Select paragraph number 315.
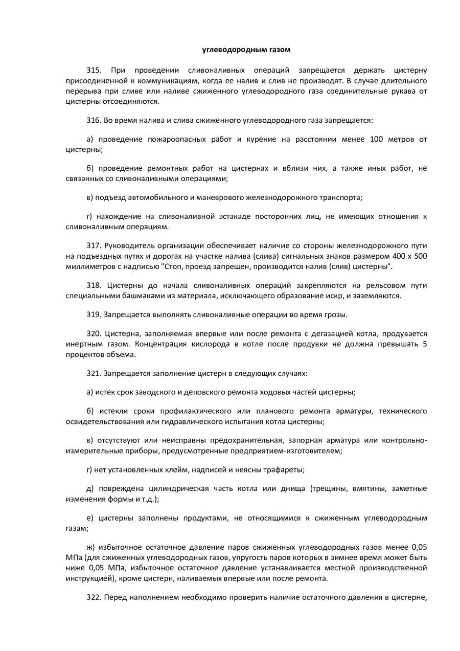pos(95,70)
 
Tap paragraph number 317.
pos(95,245)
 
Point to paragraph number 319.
pos(95,314)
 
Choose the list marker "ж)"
pos(90,547)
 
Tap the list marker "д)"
pos(90,488)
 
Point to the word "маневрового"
pos(225,197)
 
